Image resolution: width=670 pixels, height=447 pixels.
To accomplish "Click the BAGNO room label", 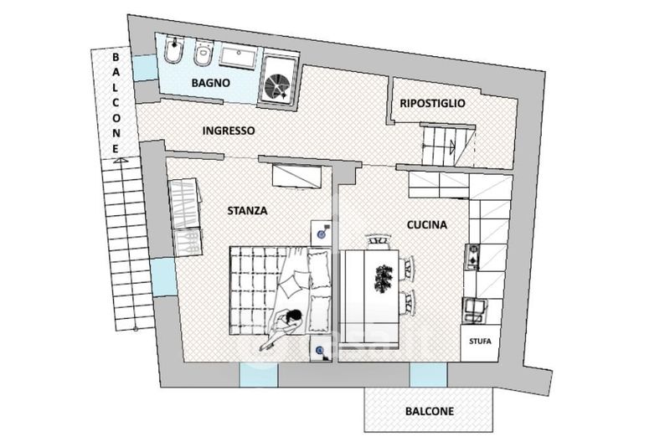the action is pos(211,82).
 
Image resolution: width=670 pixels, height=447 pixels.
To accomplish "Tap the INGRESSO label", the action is pos(228,131).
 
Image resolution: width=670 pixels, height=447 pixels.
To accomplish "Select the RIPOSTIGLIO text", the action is pos(432,103).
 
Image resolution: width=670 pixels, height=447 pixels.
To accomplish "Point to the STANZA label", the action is pos(247,210).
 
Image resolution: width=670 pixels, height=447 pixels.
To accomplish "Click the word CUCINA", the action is pos(427,224).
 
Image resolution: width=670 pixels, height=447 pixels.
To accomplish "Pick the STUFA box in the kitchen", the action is pos(480,342).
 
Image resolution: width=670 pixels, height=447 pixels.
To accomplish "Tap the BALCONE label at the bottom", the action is pos(430,411).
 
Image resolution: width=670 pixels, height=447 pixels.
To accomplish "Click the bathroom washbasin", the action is pos(239,57).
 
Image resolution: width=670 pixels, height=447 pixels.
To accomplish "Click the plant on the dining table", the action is pos(384,279).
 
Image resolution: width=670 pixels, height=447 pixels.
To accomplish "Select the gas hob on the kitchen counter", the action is pos(472,257).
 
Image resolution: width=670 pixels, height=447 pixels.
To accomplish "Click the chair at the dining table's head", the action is pos(379,241).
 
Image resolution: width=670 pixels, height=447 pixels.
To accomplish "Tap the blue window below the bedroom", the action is pos(258,374).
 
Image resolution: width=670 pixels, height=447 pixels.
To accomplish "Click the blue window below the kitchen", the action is pos(428,374).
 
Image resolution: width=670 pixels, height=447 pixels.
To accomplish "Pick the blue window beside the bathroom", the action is pos(144,68).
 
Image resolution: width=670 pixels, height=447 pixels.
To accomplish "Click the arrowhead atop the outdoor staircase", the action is pos(121,161).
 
